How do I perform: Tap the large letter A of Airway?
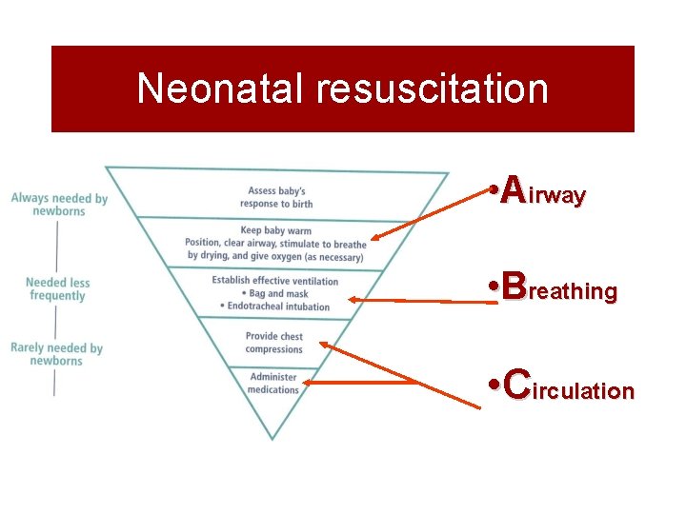point(513,189)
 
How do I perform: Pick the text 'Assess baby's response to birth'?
point(276,197)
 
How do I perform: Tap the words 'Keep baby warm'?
point(275,230)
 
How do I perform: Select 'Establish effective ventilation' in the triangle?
point(275,281)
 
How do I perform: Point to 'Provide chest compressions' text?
point(273,343)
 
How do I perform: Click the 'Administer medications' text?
point(273,383)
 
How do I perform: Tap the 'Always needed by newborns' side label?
point(59,205)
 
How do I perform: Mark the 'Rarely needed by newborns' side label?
point(56,354)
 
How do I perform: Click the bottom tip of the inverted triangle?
point(272,438)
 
